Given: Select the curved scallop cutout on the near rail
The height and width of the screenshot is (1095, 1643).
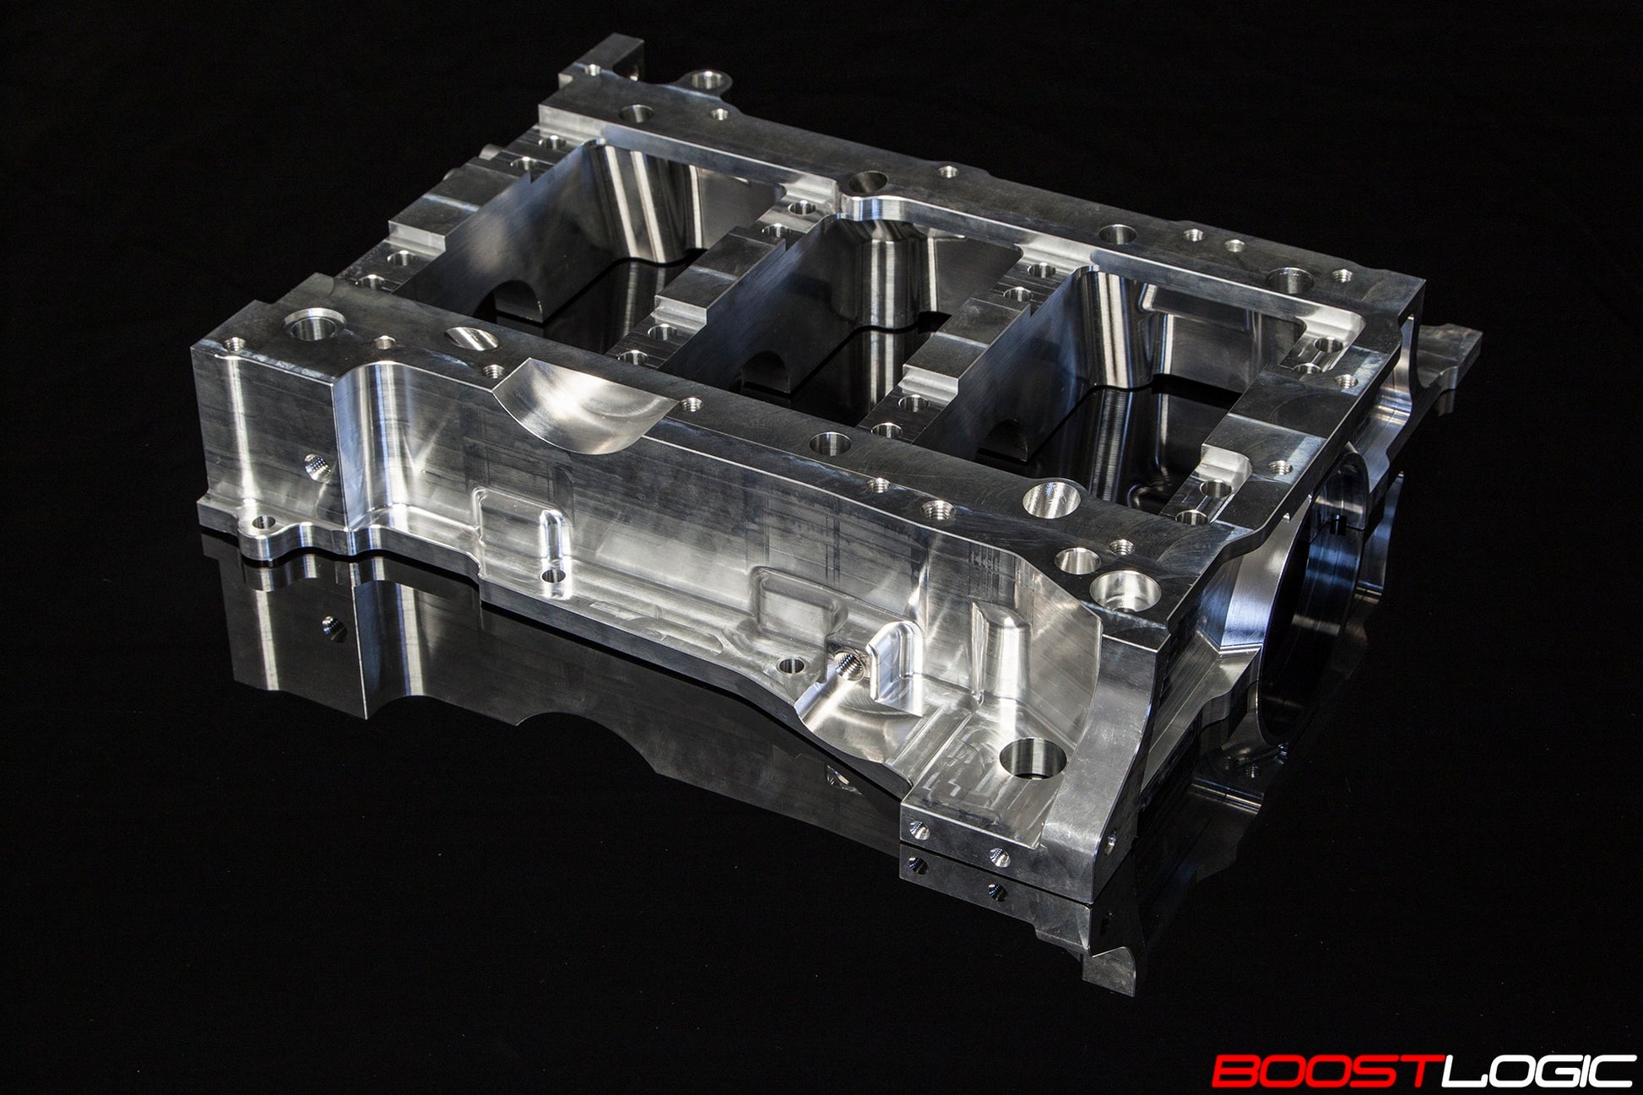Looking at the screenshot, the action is tap(583, 401).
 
